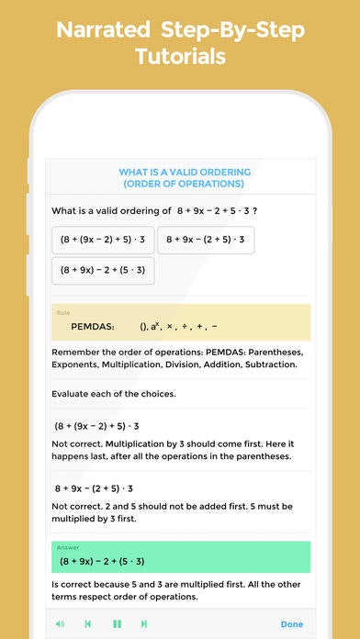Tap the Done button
point(291,623)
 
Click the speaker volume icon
point(60,623)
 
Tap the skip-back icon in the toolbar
point(88,623)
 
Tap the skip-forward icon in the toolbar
point(144,623)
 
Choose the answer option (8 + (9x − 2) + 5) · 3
point(102,240)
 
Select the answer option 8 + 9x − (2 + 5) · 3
point(206,240)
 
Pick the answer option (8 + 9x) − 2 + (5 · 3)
point(102,271)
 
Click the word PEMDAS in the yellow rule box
point(92,326)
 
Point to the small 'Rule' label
point(63,313)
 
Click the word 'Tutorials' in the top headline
point(180,58)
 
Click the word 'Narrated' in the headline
point(103,29)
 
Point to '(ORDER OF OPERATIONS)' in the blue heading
point(185,185)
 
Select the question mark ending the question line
point(267,210)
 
